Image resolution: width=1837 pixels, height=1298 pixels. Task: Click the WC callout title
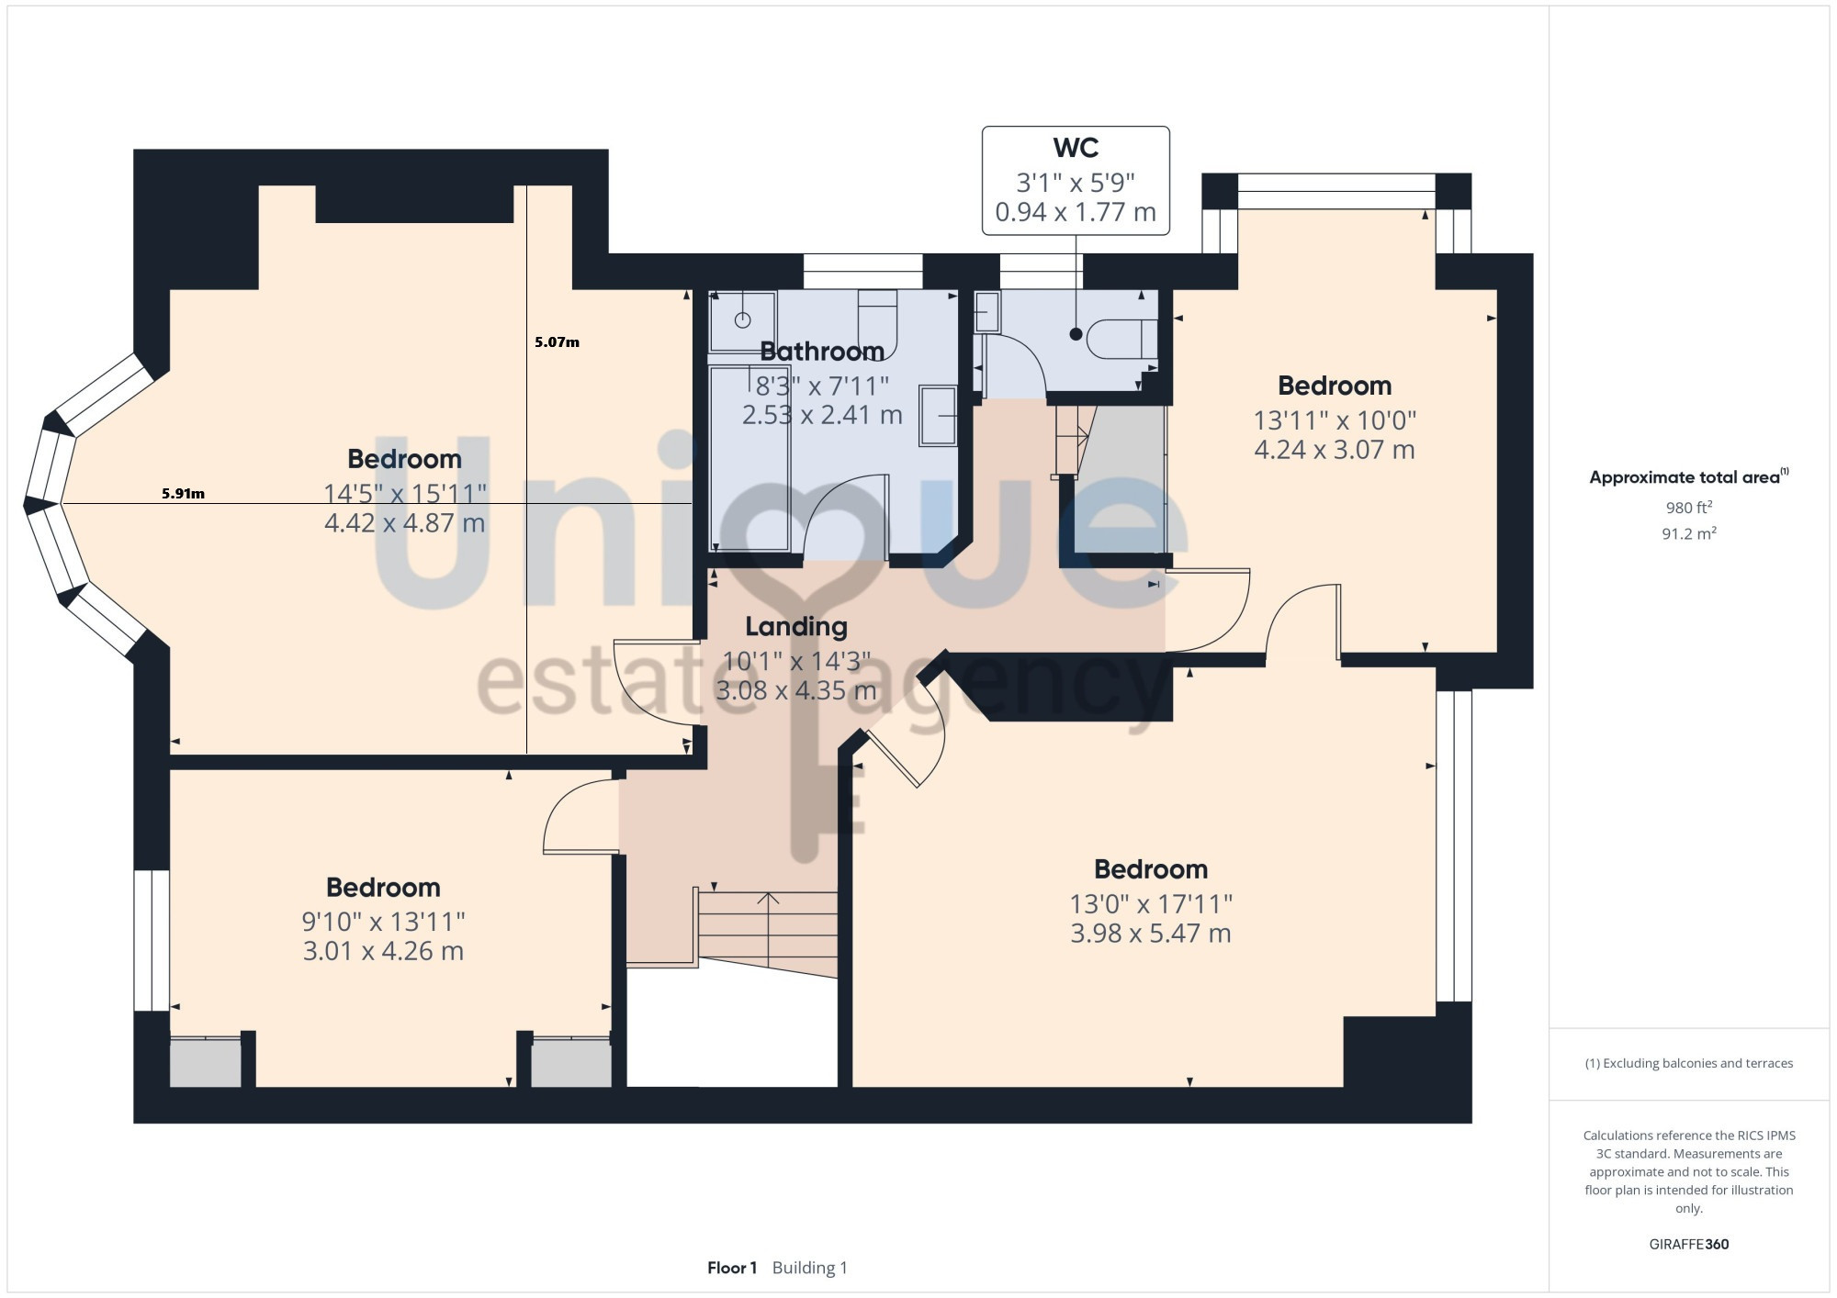[1076, 148]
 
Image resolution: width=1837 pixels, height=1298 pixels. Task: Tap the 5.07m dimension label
[557, 342]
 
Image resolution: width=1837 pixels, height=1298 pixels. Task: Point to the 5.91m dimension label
[183, 494]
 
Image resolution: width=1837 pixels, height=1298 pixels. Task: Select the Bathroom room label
[822, 352]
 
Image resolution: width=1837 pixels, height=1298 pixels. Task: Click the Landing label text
[796, 627]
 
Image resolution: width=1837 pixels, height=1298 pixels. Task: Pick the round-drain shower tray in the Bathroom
[742, 320]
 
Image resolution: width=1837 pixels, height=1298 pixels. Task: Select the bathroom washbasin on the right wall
[938, 416]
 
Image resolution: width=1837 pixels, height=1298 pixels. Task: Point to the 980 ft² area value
[1688, 507]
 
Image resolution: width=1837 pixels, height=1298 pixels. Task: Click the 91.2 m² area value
[1688, 533]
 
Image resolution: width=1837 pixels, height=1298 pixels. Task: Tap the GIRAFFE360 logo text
[1688, 1245]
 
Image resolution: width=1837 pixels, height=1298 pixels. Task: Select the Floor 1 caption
[732, 1268]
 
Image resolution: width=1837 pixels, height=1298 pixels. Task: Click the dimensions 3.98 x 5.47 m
[1151, 934]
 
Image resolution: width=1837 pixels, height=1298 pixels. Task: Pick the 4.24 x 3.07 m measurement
[1335, 450]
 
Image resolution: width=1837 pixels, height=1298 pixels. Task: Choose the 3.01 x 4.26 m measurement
[383, 951]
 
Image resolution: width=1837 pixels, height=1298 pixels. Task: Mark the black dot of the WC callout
[1076, 334]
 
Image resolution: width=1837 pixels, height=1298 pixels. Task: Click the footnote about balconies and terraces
[1688, 1063]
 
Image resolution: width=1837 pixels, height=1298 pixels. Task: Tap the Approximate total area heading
[1688, 476]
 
